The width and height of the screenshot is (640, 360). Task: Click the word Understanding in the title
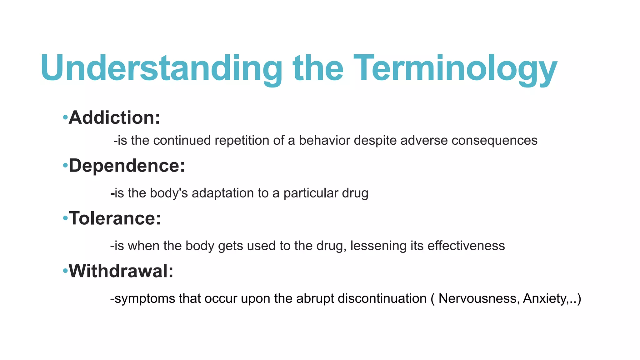click(161, 68)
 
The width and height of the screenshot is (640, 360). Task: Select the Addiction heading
click(114, 118)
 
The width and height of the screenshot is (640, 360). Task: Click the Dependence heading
click(127, 166)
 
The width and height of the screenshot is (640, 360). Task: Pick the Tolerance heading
click(115, 218)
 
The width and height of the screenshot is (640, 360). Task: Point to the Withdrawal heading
click(121, 271)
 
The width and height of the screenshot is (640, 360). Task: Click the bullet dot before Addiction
click(65, 118)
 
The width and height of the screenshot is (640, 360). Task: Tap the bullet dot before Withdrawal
click(65, 271)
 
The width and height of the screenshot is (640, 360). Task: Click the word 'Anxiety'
click(544, 299)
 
